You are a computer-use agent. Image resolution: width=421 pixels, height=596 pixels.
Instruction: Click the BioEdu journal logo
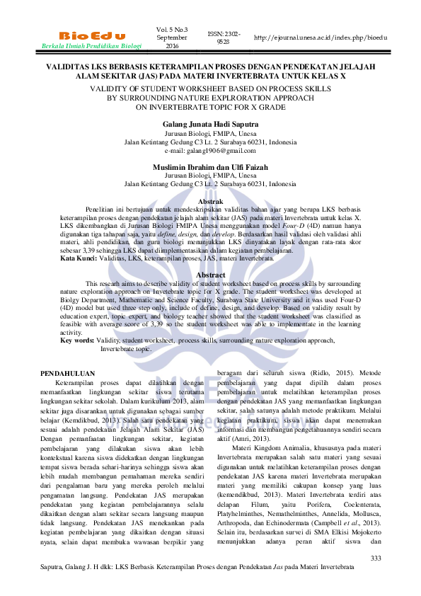coord(92,35)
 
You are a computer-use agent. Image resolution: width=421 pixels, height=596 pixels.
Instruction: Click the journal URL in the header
coord(321,36)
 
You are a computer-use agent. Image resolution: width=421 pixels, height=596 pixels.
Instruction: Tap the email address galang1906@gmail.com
coord(210,151)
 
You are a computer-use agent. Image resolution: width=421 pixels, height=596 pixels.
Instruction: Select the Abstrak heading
coord(210,202)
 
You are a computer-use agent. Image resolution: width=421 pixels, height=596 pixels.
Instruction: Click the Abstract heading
coord(210,274)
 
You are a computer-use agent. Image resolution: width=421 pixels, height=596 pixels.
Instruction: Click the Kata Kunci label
coord(78,260)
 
